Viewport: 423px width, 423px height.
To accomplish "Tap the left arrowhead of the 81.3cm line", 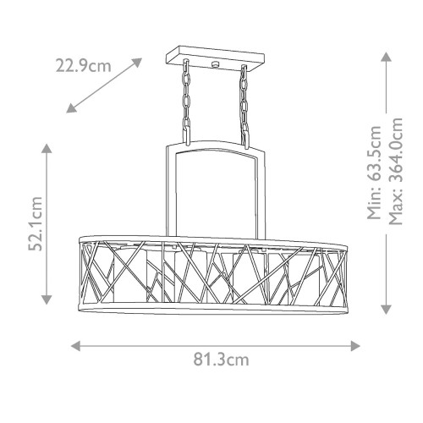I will point(74,345).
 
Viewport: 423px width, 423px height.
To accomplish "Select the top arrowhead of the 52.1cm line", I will point(47,149).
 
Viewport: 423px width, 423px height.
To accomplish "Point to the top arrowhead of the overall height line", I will point(385,56).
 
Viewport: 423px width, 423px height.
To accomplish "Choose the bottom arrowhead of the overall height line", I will point(385,308).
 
